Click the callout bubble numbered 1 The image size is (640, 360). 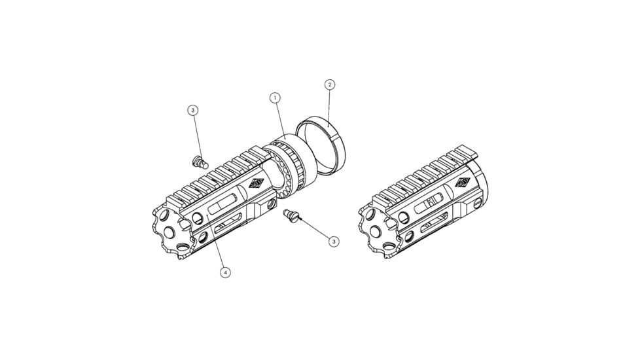coord(275,98)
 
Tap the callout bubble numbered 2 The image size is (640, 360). coord(329,85)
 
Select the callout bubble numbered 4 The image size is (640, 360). coord(225,272)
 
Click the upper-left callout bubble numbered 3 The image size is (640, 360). coord(193,110)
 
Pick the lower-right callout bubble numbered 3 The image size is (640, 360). coord(334,242)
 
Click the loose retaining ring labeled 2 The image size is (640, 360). coord(321,147)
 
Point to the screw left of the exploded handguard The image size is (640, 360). coord(200,162)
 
